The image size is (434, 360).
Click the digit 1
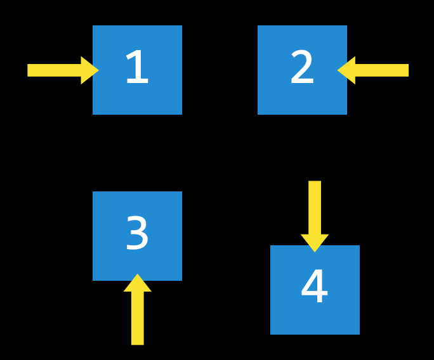point(136,68)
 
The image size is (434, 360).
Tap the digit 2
point(302,68)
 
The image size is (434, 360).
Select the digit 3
point(137,234)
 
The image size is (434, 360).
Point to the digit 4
point(314,287)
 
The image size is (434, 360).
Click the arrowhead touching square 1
point(89,70)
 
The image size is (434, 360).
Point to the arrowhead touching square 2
point(347,70)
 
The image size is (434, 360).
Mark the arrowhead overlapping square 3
point(137,284)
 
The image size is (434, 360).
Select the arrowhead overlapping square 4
point(315,242)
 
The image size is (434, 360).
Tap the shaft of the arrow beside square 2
point(381,70)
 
